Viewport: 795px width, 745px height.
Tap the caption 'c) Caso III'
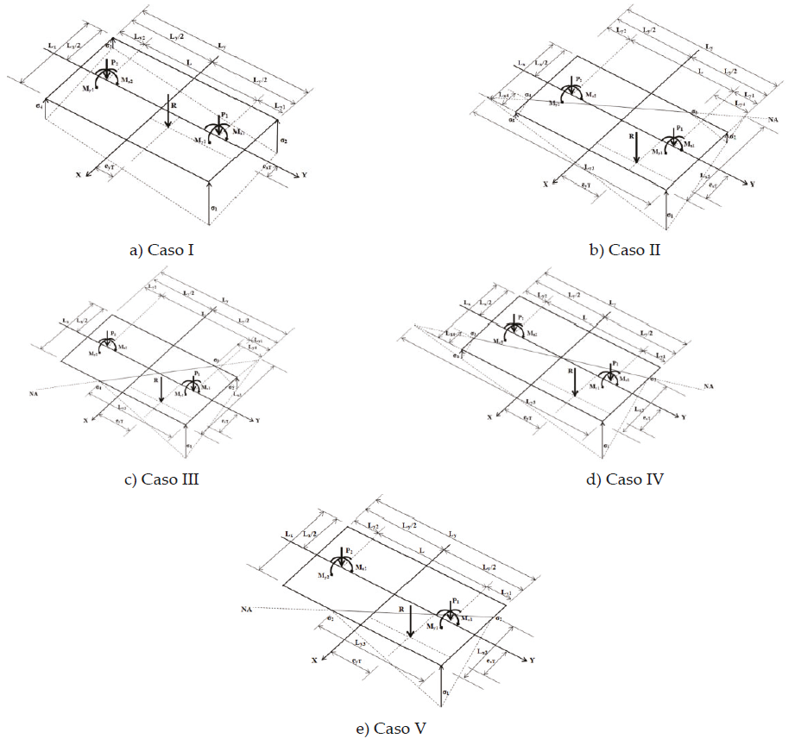coord(161,479)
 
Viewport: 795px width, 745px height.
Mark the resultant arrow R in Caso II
coord(635,147)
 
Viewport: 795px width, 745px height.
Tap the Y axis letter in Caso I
coord(304,175)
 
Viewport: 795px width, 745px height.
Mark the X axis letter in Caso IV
coord(489,416)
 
